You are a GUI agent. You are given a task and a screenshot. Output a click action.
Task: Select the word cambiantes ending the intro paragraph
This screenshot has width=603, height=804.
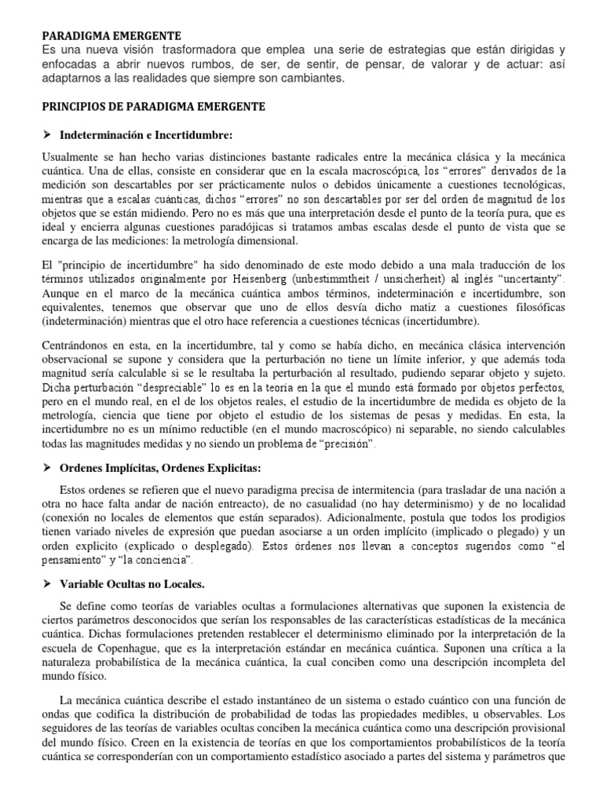[x=316, y=79]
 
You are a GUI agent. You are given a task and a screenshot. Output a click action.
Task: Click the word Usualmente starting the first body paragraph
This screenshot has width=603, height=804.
[x=70, y=158]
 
